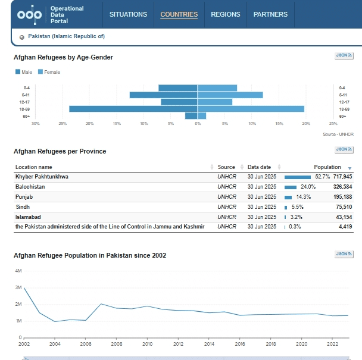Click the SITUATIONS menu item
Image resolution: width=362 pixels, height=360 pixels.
(128, 14)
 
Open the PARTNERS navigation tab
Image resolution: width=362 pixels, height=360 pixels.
(270, 14)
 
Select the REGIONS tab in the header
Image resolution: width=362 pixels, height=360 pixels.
(225, 14)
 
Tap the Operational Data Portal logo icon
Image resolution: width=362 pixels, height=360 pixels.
(30, 15)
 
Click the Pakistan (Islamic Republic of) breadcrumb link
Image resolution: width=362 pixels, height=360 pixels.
(66, 36)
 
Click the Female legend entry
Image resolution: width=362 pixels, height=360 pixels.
(49, 72)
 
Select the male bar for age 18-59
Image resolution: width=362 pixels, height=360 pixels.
(133, 109)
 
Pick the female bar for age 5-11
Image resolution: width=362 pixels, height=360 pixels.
(230, 95)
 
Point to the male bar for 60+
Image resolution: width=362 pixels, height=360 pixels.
(191, 116)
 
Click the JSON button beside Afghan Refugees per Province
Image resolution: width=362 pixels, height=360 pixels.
(344, 149)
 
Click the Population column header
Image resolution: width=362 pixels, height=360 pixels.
(327, 167)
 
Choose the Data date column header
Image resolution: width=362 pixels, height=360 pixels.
(259, 167)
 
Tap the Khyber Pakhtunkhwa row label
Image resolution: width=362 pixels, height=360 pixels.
(42, 177)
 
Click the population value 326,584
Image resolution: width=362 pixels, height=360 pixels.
(342, 187)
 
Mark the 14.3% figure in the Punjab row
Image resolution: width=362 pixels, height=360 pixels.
(304, 197)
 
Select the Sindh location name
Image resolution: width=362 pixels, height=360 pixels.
(23, 206)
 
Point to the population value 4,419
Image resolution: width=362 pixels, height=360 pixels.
(345, 227)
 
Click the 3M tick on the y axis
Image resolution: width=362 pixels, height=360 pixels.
(18, 287)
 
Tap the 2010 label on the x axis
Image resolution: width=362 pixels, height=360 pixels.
(147, 344)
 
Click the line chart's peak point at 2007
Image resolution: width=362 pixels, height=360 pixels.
(101, 304)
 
